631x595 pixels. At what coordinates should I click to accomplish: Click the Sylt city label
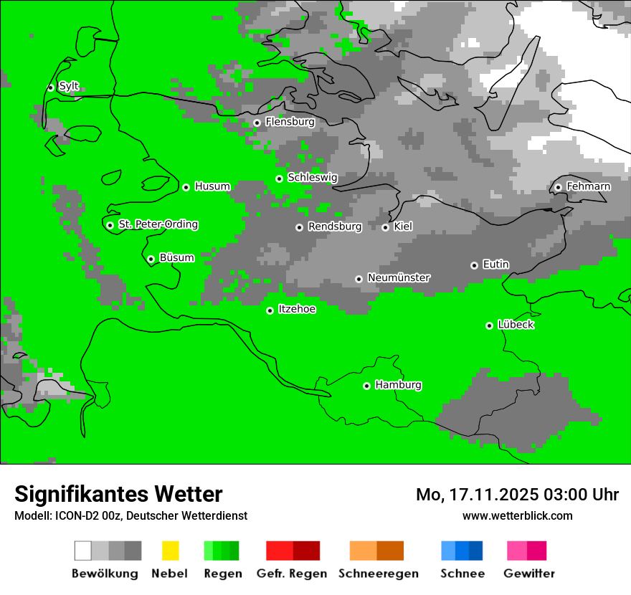pyautogui.click(x=69, y=86)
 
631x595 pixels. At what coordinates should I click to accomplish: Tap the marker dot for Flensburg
pyautogui.click(x=257, y=123)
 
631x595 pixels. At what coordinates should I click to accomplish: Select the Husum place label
pyautogui.click(x=212, y=186)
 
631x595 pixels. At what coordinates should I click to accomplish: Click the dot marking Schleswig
pyautogui.click(x=279, y=178)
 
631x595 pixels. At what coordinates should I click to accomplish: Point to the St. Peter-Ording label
pyautogui.click(x=158, y=224)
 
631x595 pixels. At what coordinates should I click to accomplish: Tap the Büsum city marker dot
pyautogui.click(x=151, y=259)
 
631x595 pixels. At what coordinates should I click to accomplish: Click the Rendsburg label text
pyautogui.click(x=334, y=227)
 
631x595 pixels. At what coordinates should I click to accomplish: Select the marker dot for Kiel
pyautogui.click(x=385, y=227)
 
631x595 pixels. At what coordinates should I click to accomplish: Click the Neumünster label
pyautogui.click(x=398, y=277)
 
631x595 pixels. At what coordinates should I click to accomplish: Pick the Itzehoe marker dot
pyautogui.click(x=270, y=310)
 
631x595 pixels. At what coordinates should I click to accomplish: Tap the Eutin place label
pyautogui.click(x=495, y=265)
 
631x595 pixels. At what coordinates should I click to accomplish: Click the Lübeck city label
pyautogui.click(x=516, y=325)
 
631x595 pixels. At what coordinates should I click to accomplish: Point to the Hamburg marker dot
pyautogui.click(x=366, y=386)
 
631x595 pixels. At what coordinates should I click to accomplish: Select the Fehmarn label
pyautogui.click(x=588, y=186)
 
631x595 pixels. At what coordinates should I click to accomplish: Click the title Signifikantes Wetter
pyautogui.click(x=118, y=494)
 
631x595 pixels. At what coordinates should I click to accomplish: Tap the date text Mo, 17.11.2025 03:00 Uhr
pyautogui.click(x=517, y=495)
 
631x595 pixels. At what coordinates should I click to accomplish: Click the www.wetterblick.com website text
pyautogui.click(x=517, y=515)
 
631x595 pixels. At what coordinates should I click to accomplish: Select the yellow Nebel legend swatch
pyautogui.click(x=170, y=551)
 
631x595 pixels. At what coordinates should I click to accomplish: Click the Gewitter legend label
pyautogui.click(x=528, y=573)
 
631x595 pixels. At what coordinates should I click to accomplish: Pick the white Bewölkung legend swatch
pyautogui.click(x=83, y=551)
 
